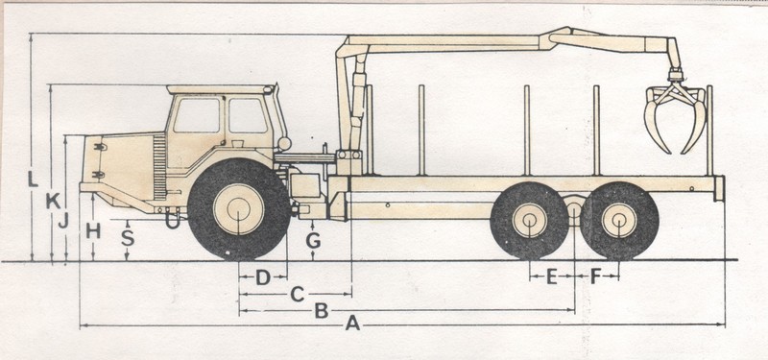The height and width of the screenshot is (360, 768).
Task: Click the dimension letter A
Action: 352,324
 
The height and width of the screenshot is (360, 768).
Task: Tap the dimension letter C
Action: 298,294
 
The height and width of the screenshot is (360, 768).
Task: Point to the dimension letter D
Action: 262,278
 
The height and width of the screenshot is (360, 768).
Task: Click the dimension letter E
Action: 551,276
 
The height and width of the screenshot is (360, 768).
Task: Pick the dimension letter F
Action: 595,276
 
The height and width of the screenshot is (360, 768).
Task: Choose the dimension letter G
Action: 313,240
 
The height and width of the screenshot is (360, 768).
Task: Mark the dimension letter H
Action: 93,231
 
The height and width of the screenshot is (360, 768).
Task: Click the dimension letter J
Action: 63,220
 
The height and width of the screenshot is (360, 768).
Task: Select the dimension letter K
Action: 52,201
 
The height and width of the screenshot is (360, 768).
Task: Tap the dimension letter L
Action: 33,179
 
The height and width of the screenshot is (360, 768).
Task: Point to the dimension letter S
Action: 128,237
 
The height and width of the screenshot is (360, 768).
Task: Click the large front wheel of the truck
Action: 238,209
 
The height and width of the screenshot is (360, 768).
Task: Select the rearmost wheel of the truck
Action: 619,221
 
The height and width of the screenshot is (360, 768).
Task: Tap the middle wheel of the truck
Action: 529,221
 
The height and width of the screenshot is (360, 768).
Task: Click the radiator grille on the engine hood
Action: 159,166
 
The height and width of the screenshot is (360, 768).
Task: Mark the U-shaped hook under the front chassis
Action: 173,221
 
